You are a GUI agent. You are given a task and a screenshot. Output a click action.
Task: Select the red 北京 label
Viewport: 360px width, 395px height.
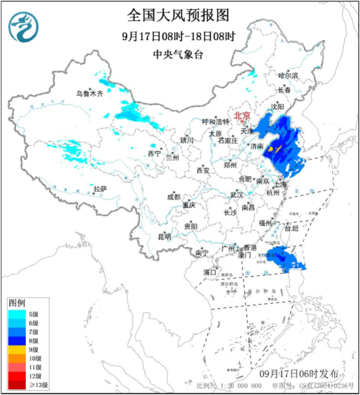point(242,115)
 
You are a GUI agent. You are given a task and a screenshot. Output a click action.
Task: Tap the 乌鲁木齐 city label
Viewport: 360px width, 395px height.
point(89,94)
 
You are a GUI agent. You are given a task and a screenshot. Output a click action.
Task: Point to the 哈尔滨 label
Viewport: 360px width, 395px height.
point(288,76)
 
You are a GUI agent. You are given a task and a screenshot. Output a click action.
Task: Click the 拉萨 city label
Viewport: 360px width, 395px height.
point(100,189)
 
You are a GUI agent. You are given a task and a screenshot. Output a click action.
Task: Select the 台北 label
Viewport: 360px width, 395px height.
point(290,228)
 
